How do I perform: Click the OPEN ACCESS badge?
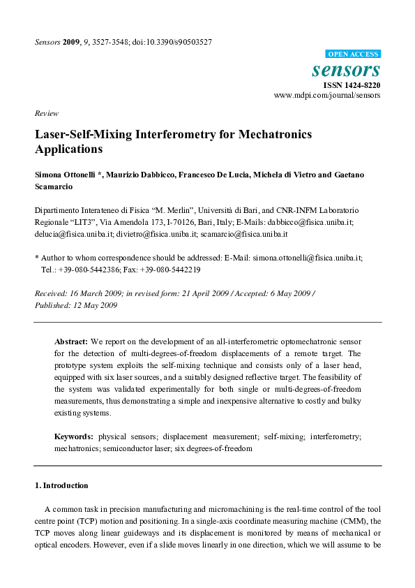[x=353, y=54]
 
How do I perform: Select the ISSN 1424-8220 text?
[x=352, y=84]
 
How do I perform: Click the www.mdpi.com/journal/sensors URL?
[x=327, y=95]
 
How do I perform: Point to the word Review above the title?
[x=46, y=113]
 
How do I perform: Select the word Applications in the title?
[x=68, y=149]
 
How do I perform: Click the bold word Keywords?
[x=75, y=436]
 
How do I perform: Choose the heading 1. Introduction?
[x=61, y=485]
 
